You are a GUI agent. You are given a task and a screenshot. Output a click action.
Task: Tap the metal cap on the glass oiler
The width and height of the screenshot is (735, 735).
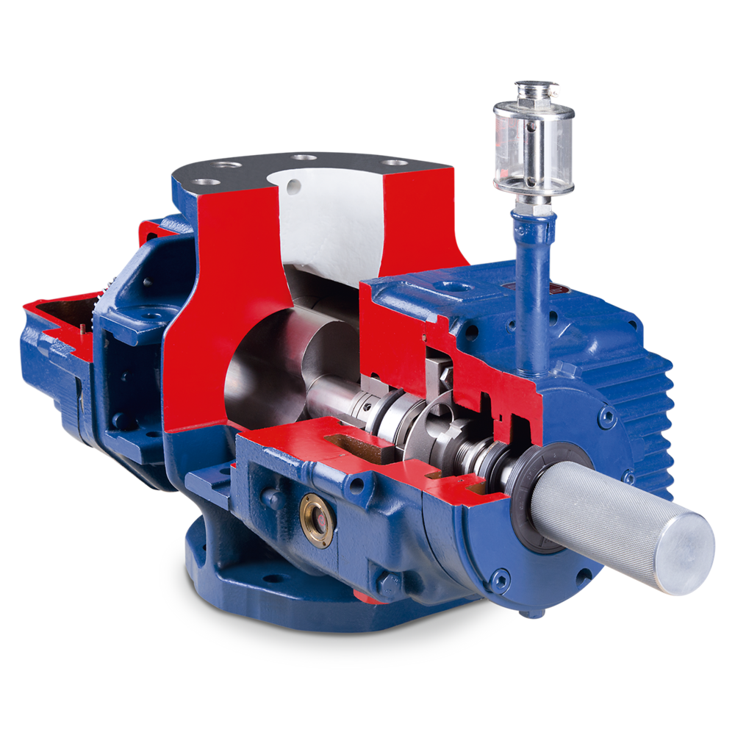click(537, 90)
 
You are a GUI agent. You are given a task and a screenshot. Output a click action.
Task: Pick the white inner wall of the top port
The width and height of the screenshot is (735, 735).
click(331, 213)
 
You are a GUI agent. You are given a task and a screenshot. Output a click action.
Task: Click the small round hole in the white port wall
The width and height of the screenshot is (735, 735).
click(296, 177)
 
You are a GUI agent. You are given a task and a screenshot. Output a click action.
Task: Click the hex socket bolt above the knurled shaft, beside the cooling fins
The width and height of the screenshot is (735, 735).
click(607, 417)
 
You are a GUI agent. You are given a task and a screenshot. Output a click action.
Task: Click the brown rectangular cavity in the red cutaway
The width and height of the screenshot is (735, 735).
click(353, 442)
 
